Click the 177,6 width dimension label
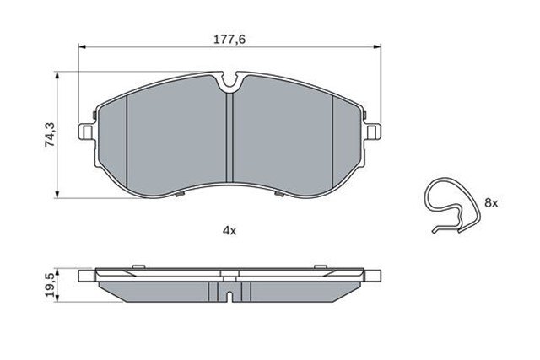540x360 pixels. (229, 40)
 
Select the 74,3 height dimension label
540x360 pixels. (50, 135)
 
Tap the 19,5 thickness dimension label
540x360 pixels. (50, 285)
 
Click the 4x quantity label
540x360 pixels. (229, 231)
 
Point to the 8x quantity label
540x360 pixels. (491, 203)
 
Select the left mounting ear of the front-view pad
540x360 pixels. (86, 132)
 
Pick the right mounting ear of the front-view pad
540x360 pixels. (373, 132)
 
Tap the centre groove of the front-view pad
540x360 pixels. (229, 137)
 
